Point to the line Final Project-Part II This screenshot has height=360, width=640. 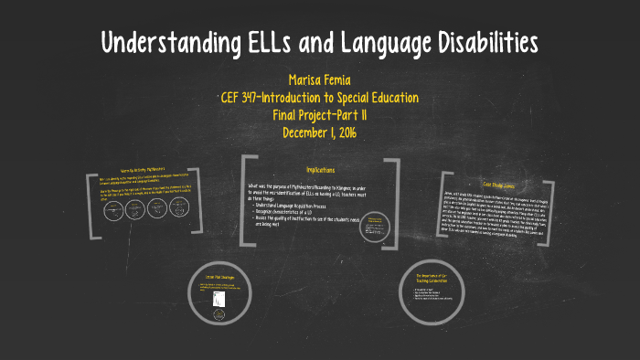coord(320,114)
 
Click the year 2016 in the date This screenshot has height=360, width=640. coord(343,132)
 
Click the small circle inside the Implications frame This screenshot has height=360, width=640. coord(374,224)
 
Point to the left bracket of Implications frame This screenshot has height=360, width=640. coord(245,201)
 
